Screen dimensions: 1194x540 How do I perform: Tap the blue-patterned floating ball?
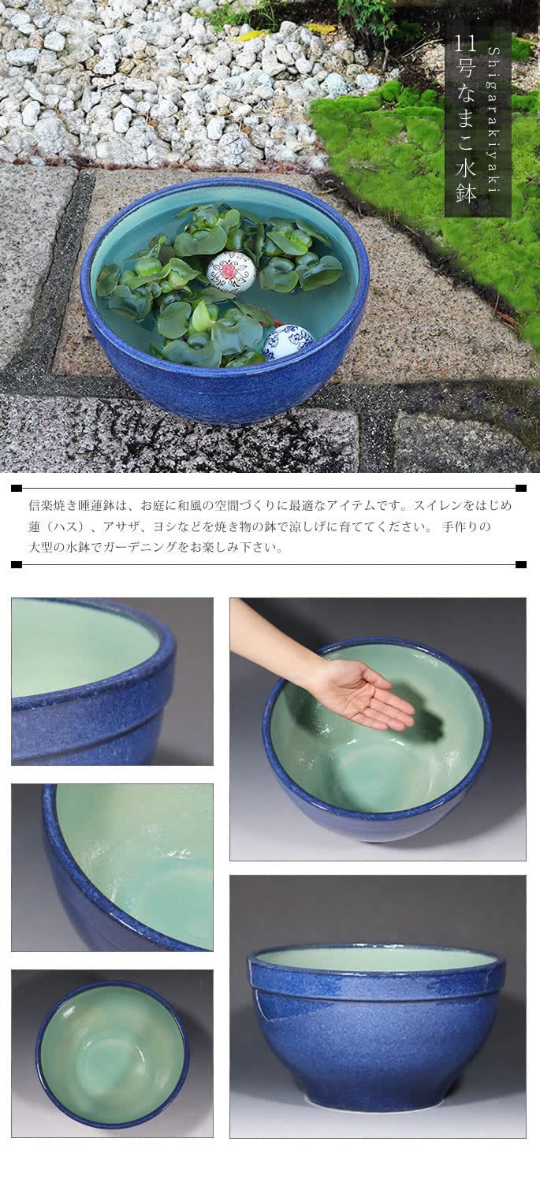288,341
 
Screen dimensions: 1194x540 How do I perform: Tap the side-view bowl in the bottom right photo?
377,1025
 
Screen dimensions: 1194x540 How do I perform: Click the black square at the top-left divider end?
17,488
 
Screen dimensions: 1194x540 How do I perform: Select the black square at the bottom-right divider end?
520,564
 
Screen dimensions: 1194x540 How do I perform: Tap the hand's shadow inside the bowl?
422,725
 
